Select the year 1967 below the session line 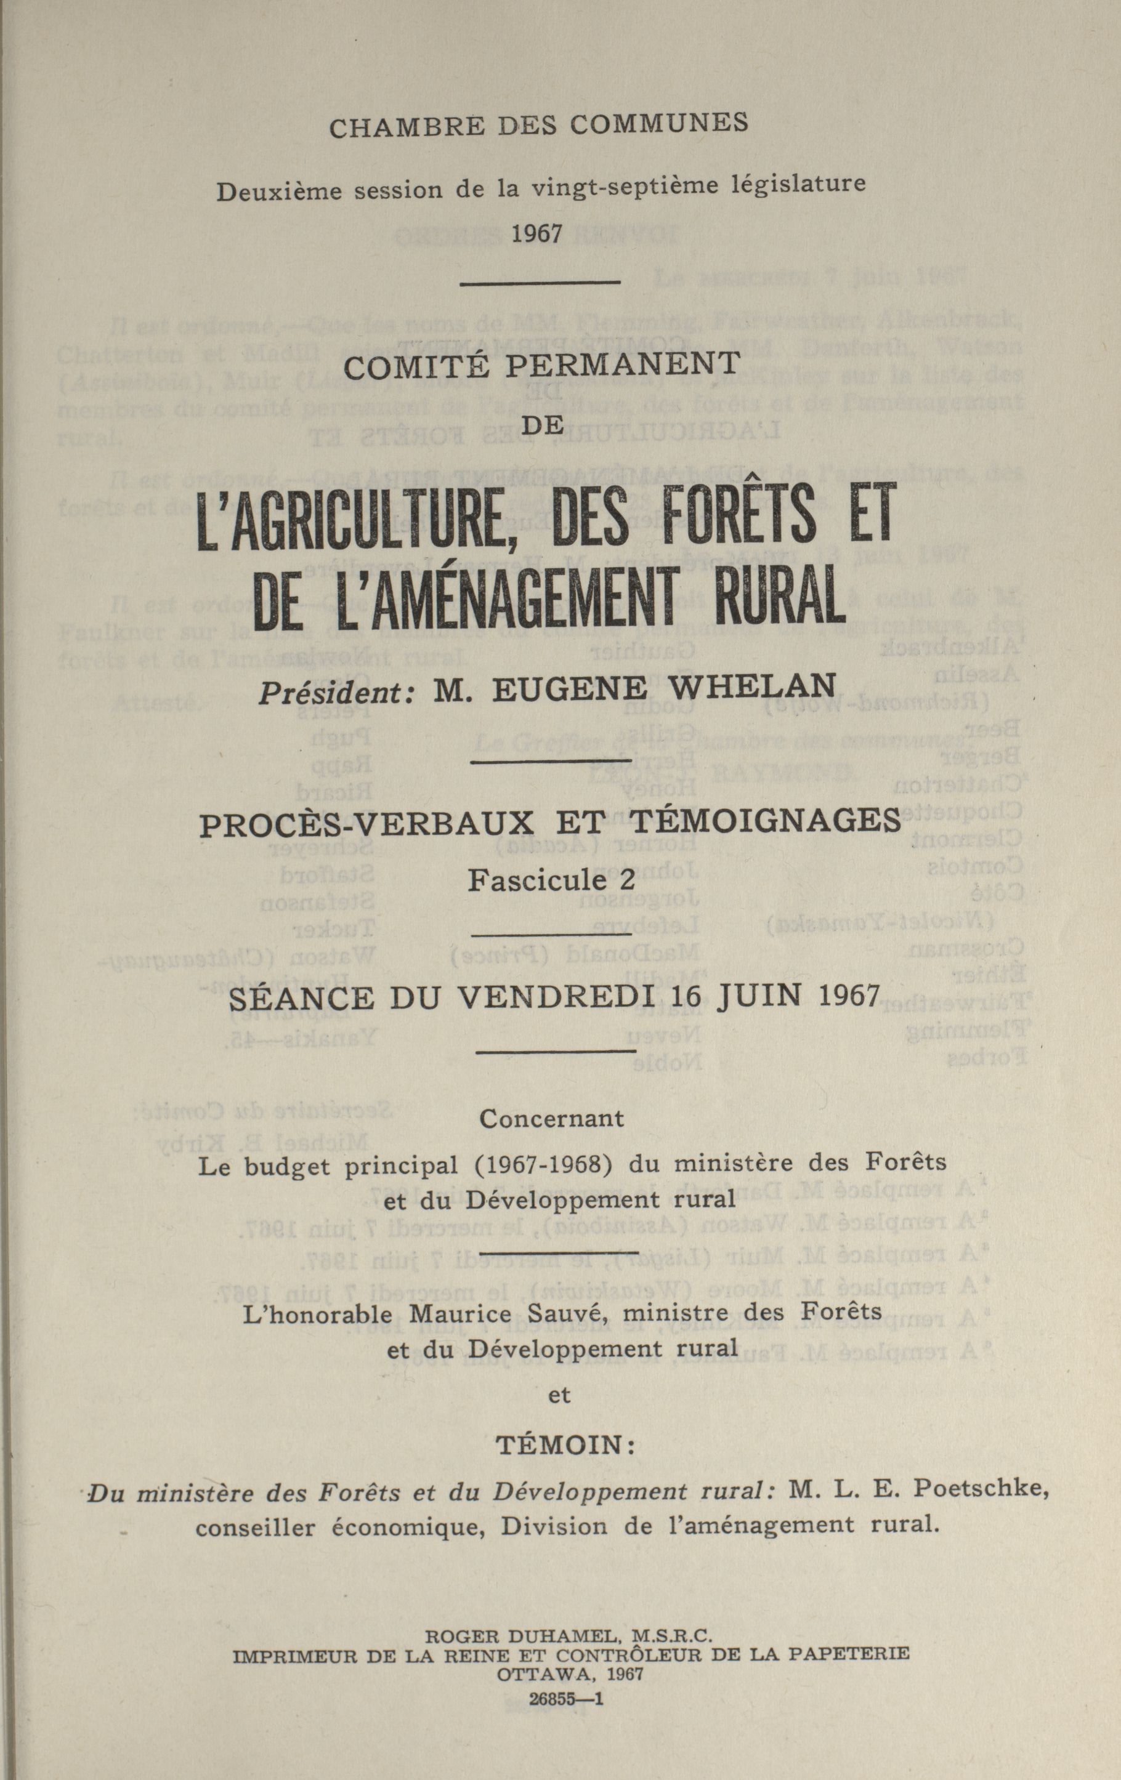pos(538,233)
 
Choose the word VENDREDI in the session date pos(561,998)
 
